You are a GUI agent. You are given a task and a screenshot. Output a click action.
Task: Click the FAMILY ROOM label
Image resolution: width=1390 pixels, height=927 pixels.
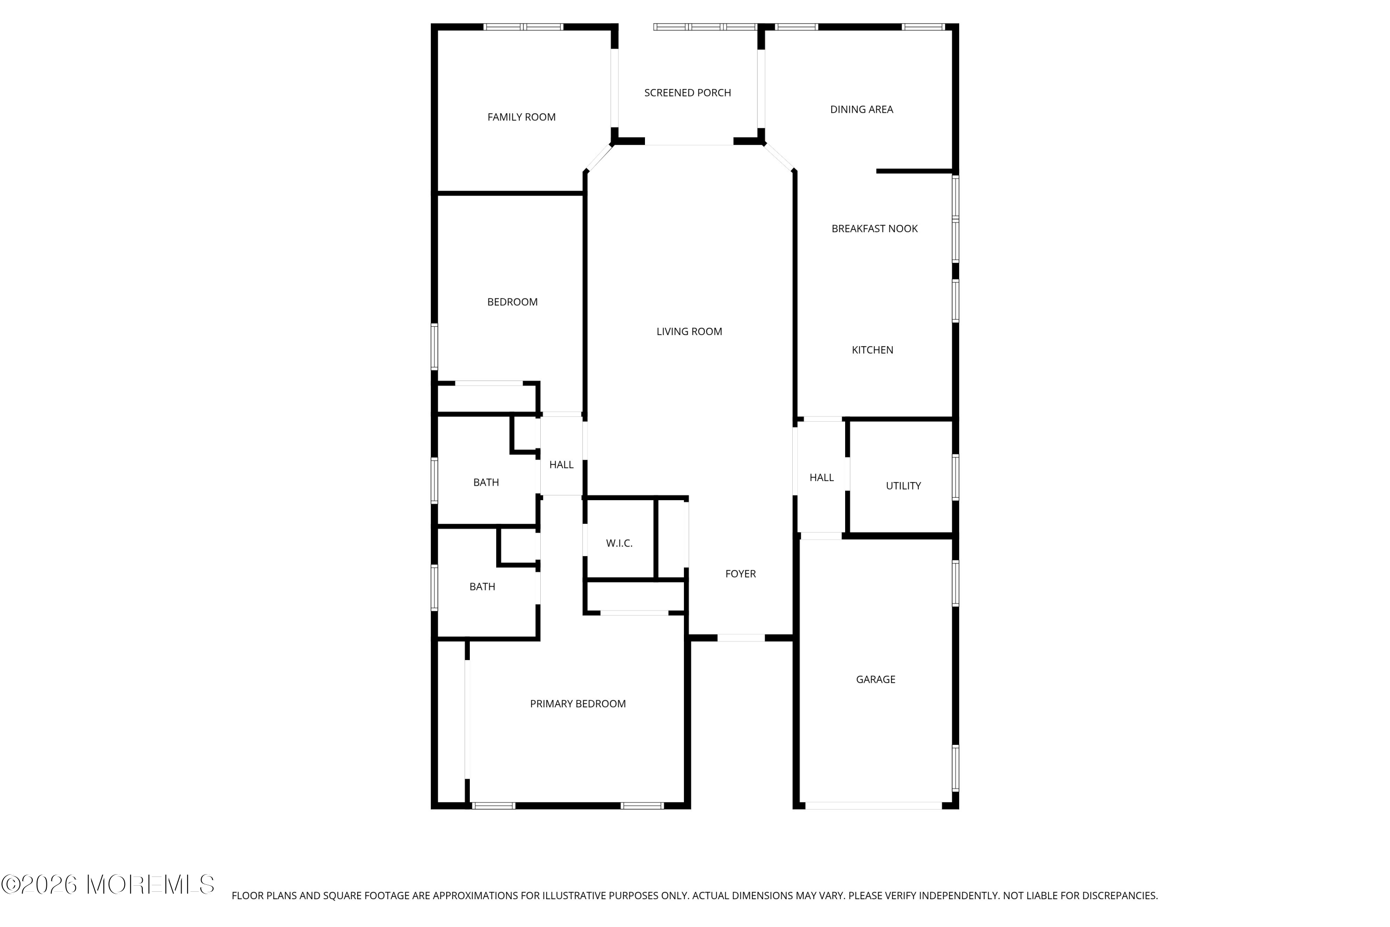pyautogui.click(x=521, y=117)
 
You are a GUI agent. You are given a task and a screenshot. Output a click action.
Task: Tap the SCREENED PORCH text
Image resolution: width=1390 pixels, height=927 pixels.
pyautogui.click(x=687, y=93)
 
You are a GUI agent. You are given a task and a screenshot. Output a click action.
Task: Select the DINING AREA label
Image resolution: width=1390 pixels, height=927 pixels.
pyautogui.click(x=861, y=109)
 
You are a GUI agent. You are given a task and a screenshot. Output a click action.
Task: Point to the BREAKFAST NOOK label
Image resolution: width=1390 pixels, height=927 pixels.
pyautogui.click(x=874, y=229)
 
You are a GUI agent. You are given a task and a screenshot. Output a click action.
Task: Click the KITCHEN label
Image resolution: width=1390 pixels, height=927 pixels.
pyautogui.click(x=872, y=350)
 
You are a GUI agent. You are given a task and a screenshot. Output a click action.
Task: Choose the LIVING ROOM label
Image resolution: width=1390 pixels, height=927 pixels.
pyautogui.click(x=689, y=332)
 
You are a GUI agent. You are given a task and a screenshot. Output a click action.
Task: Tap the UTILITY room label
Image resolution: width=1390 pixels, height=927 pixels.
pyautogui.click(x=903, y=486)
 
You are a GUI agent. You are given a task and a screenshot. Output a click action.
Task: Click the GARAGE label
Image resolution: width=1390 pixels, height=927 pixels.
pyautogui.click(x=875, y=680)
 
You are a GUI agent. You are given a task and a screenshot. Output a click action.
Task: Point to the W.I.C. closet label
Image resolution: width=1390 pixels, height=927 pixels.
pyautogui.click(x=619, y=543)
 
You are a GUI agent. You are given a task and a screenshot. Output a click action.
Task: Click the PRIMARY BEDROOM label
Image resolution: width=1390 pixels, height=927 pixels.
pyautogui.click(x=577, y=704)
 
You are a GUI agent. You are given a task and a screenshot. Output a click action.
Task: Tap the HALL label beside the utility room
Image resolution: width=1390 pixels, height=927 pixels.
pyautogui.click(x=821, y=478)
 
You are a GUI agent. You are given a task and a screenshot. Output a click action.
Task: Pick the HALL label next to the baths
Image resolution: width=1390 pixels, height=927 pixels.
pyautogui.click(x=561, y=465)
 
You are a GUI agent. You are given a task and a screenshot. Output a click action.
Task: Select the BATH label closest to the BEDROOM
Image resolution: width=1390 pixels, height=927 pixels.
pyautogui.click(x=486, y=483)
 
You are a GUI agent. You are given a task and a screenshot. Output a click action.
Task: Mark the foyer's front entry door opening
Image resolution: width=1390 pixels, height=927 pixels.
pyautogui.click(x=741, y=638)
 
